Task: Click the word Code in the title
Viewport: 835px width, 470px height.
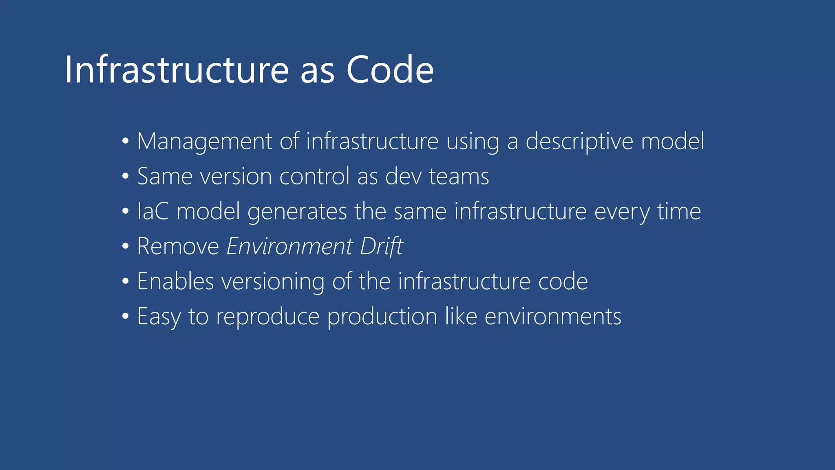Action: (x=390, y=70)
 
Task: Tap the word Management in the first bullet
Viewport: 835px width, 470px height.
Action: (x=204, y=142)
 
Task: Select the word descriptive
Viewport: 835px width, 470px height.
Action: (x=579, y=142)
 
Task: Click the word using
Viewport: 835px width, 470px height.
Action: (x=473, y=142)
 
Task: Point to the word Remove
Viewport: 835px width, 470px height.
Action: (x=178, y=246)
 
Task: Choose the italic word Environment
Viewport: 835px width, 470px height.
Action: (x=289, y=246)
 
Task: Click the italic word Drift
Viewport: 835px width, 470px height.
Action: (x=382, y=246)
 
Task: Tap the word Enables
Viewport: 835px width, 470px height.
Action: (x=175, y=282)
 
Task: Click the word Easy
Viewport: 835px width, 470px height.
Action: (x=159, y=317)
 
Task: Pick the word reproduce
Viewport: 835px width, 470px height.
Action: (x=267, y=317)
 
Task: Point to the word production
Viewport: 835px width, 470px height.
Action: (x=382, y=317)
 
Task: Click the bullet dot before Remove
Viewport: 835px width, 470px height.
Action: (x=126, y=246)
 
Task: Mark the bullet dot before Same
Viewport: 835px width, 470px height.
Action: (x=126, y=176)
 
